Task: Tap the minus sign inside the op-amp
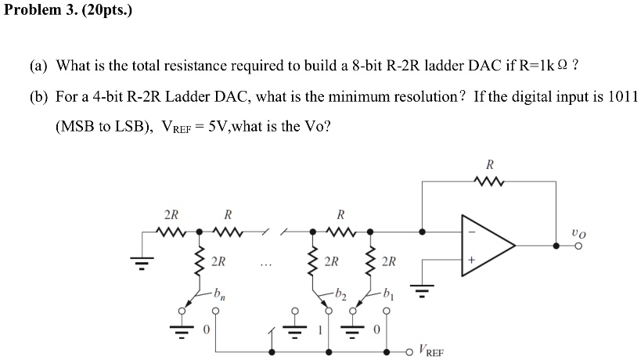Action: [x=471, y=231]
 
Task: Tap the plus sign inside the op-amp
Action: [x=471, y=259]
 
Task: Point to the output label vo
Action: [x=578, y=232]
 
